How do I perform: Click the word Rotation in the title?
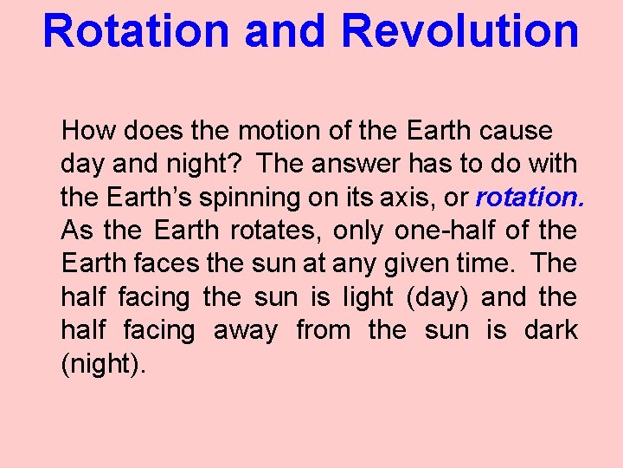coord(137,30)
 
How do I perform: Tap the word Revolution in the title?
coord(459,30)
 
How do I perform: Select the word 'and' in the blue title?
coord(286,30)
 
